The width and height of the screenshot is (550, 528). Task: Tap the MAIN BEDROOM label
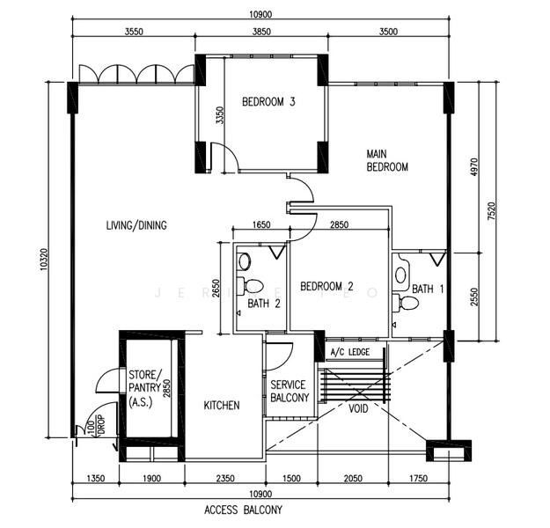tap(387, 160)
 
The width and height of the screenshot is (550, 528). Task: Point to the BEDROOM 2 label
tap(326, 286)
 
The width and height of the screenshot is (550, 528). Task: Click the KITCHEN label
tap(221, 405)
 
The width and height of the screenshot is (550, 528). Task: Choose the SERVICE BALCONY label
tap(290, 391)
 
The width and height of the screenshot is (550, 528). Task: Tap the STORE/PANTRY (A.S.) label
tap(146, 387)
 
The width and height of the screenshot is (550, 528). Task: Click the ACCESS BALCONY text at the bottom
tap(243, 510)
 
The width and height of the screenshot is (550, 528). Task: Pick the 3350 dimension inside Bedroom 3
tap(209, 116)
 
